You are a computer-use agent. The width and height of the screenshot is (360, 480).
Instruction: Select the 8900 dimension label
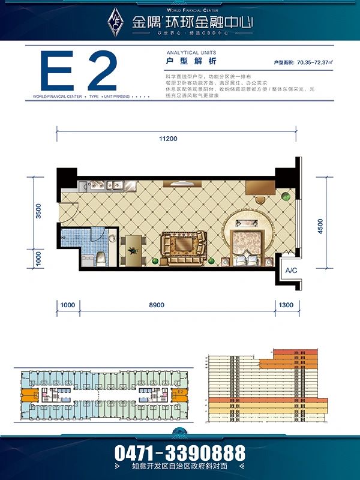coord(156,305)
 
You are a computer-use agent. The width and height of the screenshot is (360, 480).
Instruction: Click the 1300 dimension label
coord(286,305)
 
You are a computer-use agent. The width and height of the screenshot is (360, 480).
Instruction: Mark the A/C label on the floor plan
coord(292,271)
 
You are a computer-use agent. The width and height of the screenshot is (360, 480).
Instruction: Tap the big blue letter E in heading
coord(55,72)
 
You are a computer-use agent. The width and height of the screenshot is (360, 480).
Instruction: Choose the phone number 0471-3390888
coord(180,452)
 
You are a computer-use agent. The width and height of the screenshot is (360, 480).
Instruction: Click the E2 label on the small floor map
coord(179,391)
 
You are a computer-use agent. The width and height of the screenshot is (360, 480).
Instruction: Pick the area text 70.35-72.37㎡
coord(318,62)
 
